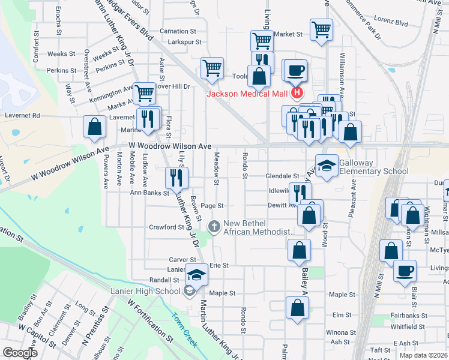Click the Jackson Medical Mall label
coord(247,93)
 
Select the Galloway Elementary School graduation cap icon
coord(326,166)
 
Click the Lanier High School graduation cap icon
coord(196,275)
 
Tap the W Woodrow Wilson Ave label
coord(170,146)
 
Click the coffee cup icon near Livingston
coord(405,270)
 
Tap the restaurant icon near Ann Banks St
coord(177,177)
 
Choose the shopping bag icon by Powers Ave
coord(94,127)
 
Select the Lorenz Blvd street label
coord(393,23)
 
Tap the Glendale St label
coord(282,176)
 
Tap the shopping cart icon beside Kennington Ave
coord(145,93)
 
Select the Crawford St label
coord(166,227)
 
